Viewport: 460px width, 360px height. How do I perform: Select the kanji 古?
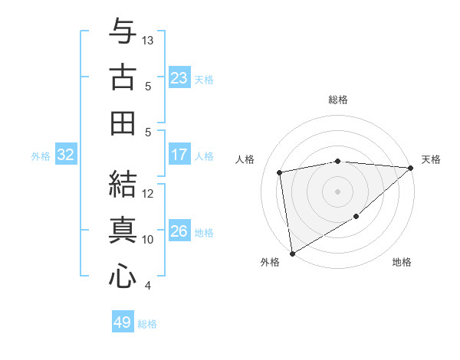[122, 78]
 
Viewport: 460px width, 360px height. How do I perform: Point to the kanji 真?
[122, 229]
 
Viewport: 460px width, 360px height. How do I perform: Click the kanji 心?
[122, 275]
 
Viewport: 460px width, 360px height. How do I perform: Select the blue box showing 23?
[179, 77]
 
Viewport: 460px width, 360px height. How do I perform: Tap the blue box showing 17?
[179, 155]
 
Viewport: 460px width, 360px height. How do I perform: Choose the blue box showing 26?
[179, 231]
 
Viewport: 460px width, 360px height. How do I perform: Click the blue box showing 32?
[65, 155]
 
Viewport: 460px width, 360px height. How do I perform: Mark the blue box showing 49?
[122, 322]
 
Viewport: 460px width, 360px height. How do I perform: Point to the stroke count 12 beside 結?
[149, 193]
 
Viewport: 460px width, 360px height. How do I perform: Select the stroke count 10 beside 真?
[149, 240]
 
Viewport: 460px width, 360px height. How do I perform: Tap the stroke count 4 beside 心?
[148, 286]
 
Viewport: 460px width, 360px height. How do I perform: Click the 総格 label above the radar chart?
[337, 100]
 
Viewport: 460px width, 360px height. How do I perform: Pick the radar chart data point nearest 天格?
[411, 168]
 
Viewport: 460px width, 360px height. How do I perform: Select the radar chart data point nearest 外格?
[292, 253]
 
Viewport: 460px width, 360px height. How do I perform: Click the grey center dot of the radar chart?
[337, 191]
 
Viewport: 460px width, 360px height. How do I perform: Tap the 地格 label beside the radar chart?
[402, 262]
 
